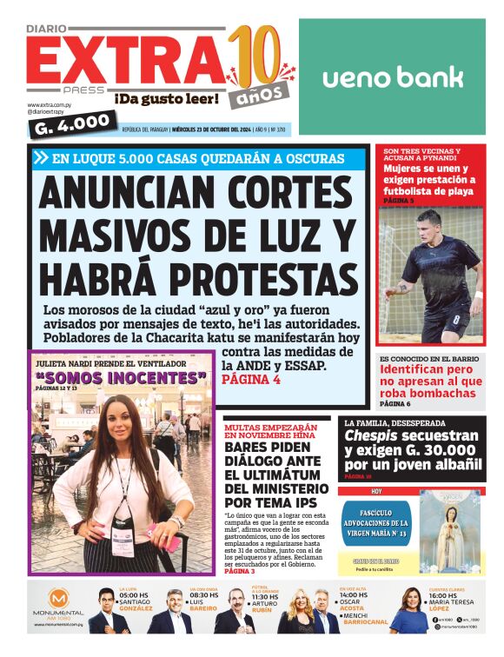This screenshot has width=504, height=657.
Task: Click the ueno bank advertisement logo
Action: click(x=393, y=78)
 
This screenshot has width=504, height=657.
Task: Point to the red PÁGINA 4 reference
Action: click(x=252, y=380)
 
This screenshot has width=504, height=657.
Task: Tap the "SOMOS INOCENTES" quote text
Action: click(x=122, y=377)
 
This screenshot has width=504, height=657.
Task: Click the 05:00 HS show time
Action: click(x=134, y=595)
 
